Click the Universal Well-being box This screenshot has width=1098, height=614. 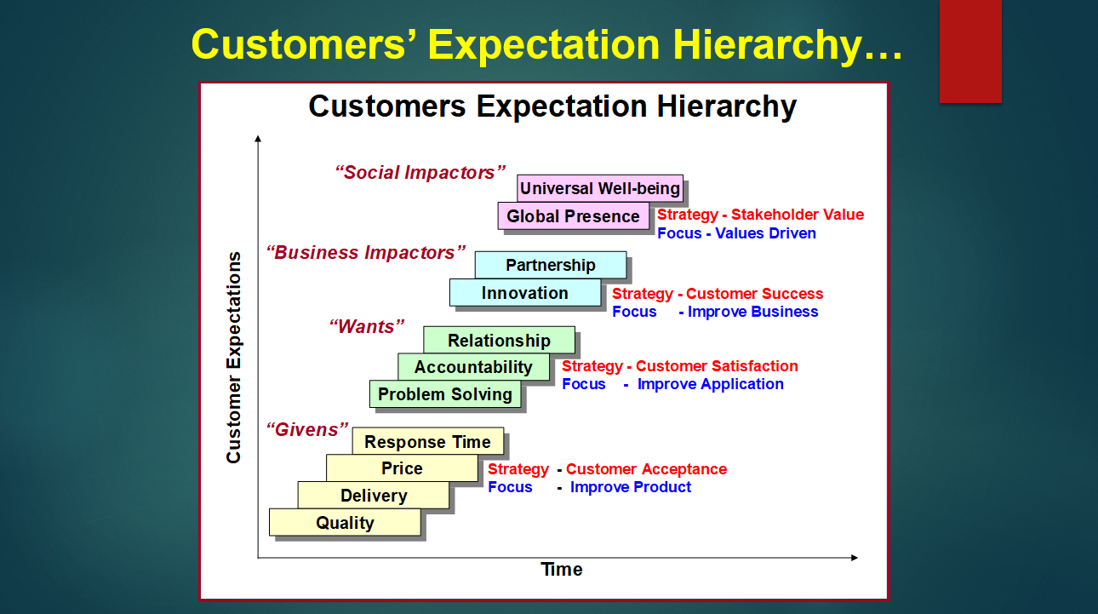(x=600, y=188)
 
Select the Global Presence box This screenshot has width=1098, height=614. (x=574, y=216)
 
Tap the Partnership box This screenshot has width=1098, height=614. (x=551, y=265)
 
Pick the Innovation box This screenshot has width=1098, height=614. (x=525, y=293)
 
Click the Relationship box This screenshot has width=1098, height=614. (x=499, y=340)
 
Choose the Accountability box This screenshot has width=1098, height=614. (x=473, y=367)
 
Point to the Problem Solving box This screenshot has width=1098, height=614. (x=445, y=393)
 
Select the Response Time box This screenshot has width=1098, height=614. (x=428, y=441)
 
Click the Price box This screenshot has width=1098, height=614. (x=402, y=468)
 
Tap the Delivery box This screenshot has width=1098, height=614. (x=374, y=496)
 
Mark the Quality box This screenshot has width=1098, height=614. (x=345, y=522)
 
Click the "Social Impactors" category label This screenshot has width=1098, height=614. (x=420, y=173)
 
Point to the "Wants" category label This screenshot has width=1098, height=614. (x=367, y=327)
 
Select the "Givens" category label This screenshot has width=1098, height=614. (x=307, y=429)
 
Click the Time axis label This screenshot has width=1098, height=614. (x=562, y=570)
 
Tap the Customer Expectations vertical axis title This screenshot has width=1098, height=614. (x=234, y=358)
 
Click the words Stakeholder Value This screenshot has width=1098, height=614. (x=798, y=215)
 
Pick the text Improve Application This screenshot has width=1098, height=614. (x=711, y=384)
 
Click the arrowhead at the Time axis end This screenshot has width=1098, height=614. (x=855, y=558)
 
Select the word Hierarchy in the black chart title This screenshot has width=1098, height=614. (x=727, y=107)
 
